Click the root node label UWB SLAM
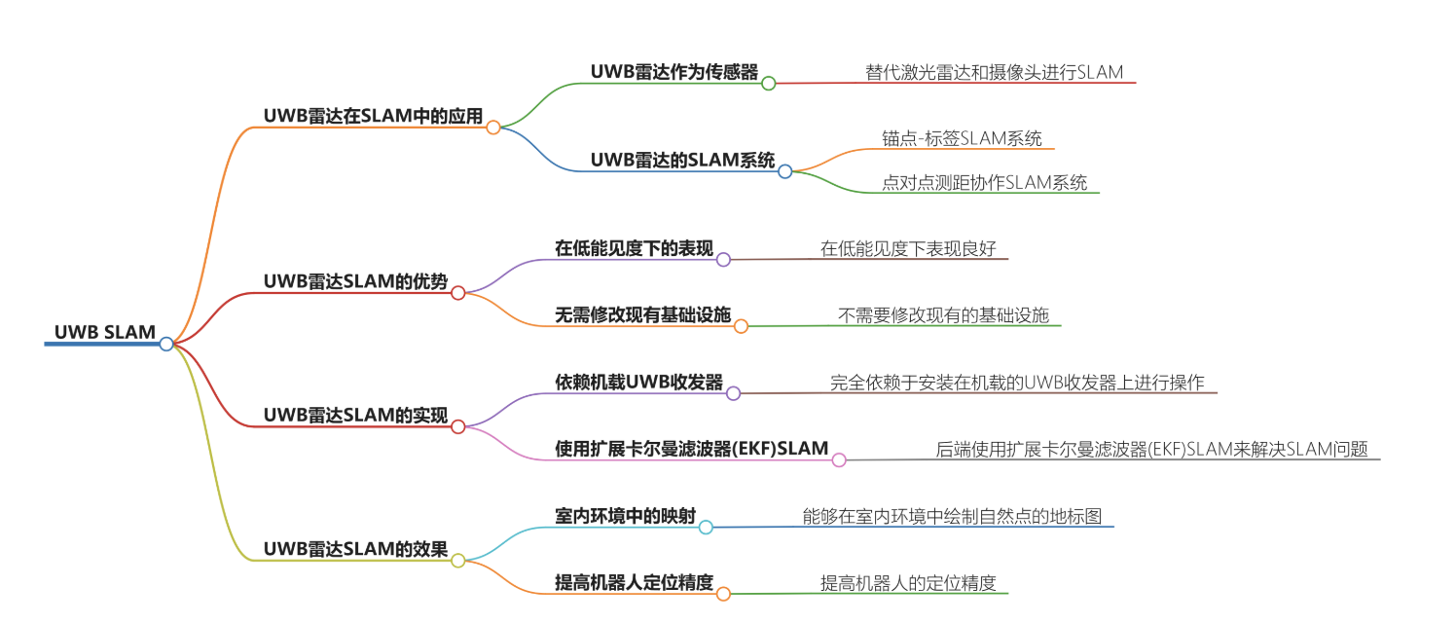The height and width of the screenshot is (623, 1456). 105,333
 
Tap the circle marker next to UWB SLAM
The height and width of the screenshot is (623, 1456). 166,344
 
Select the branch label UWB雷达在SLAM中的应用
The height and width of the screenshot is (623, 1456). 373,116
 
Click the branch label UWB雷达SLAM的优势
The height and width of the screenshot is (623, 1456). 355,282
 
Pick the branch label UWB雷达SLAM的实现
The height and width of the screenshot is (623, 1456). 355,416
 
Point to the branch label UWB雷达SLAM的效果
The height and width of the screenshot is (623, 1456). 355,550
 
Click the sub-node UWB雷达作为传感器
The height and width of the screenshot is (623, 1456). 673,72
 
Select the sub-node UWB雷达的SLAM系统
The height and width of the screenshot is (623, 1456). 682,161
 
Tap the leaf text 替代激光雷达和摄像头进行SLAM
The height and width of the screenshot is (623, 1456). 994,72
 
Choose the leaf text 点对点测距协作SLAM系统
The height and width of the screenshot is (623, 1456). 984,182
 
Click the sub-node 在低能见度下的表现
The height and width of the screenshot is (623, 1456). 634,249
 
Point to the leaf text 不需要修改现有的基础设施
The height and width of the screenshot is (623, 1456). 943,314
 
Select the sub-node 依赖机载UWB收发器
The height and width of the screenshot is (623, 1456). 638,383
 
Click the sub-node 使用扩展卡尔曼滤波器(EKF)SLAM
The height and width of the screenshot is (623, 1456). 691,449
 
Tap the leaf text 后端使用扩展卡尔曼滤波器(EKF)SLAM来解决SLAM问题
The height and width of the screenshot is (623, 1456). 1151,449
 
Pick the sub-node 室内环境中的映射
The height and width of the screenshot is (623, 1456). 625,516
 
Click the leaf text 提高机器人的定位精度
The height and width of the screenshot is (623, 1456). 908,583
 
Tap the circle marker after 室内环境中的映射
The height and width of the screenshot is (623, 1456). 706,528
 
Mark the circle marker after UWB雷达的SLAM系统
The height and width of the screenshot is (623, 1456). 784,171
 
